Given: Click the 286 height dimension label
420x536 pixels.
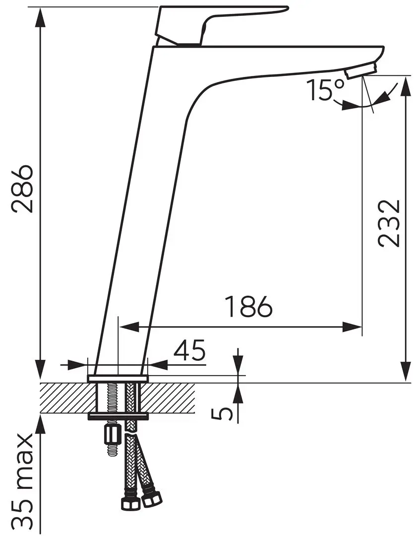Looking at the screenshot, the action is coord(22,189).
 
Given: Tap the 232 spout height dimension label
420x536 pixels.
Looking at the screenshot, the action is coord(389,223).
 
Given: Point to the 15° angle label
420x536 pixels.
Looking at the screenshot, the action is coord(325,90).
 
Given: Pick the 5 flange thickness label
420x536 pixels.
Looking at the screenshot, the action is coord(222,414).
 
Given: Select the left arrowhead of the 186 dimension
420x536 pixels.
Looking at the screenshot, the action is coord(129,327).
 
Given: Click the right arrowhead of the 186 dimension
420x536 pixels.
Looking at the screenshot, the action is coord(352,327).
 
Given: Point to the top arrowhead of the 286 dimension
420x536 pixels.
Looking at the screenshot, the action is coord(41,17).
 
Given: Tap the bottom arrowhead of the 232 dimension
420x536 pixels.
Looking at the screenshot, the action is coord(405,371).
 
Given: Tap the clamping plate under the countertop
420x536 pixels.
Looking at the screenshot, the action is coord(118,416).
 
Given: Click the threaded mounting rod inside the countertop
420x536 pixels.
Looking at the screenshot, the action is coord(112,398).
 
